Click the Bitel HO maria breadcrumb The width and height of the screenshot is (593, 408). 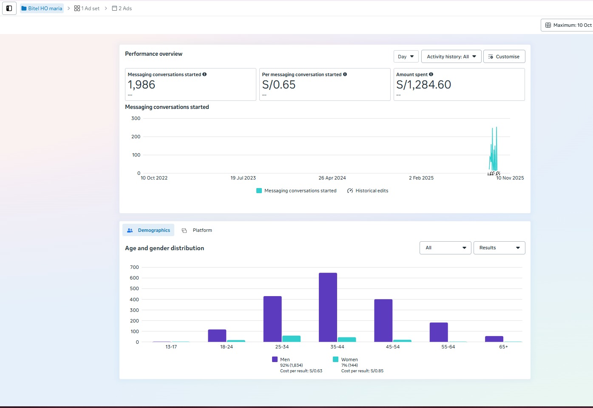click(42, 9)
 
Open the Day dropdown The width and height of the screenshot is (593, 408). click(406, 57)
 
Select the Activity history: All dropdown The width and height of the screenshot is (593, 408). click(451, 57)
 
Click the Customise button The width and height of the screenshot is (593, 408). click(504, 57)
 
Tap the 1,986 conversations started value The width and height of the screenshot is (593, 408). click(142, 85)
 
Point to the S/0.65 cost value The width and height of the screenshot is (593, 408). click(279, 85)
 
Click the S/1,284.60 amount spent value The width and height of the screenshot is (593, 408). click(423, 85)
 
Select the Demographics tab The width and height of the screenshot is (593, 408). click(148, 230)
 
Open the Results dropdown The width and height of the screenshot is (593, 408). click(499, 248)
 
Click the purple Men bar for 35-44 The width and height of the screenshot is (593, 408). click(328, 307)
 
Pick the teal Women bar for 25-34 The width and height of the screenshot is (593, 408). click(291, 339)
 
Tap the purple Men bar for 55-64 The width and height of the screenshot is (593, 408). click(439, 332)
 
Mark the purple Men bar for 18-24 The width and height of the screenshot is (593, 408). click(217, 336)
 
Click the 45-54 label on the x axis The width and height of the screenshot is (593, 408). click(392, 347)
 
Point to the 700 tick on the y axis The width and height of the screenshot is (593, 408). click(134, 267)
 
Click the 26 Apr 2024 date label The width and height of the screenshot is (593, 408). click(332, 178)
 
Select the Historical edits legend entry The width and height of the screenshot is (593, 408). click(368, 191)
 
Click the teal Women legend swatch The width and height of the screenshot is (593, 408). click(335, 359)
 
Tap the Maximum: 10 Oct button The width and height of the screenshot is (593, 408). click(568, 25)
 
